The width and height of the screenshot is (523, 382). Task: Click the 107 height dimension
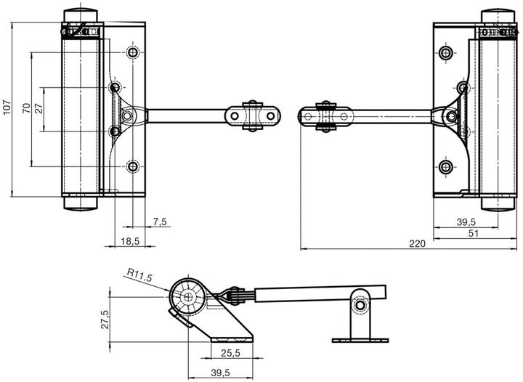(x=7, y=107)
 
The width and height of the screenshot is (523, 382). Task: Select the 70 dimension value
(x=26, y=108)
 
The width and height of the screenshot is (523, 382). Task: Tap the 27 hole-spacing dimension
(x=38, y=108)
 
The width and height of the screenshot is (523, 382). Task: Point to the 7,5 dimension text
(x=160, y=222)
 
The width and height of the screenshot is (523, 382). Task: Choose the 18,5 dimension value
(x=130, y=241)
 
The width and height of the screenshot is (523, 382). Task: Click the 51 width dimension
(x=474, y=233)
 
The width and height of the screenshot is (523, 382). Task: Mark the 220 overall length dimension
(x=417, y=244)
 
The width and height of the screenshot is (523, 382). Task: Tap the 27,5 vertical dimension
(x=105, y=320)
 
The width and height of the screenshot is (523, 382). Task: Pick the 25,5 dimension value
(x=230, y=353)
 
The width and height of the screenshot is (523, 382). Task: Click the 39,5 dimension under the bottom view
(x=220, y=373)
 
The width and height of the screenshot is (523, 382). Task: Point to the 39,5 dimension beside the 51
(x=466, y=222)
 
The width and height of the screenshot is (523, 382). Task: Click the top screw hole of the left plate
(x=133, y=52)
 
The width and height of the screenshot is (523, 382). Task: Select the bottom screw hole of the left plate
(x=133, y=166)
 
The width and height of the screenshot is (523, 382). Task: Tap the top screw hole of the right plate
(x=445, y=52)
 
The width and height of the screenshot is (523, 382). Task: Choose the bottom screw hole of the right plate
(x=445, y=166)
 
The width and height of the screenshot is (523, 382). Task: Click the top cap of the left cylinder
(x=81, y=16)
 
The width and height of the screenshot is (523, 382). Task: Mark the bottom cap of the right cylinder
(x=498, y=203)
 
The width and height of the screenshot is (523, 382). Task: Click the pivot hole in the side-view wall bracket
(x=360, y=305)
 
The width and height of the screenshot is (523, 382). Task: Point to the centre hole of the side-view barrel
(x=188, y=296)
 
